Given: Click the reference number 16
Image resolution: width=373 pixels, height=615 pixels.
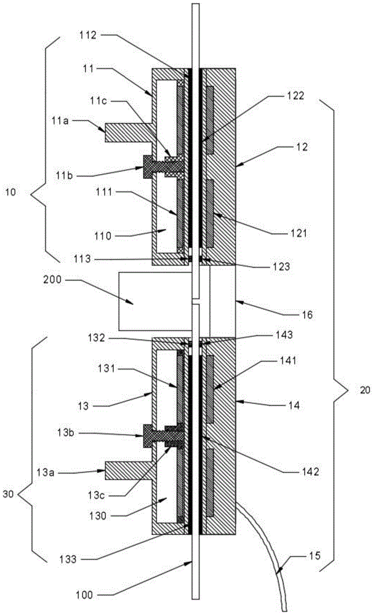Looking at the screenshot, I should (307, 314).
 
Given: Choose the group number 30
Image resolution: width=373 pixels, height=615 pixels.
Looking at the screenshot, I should (10, 493).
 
